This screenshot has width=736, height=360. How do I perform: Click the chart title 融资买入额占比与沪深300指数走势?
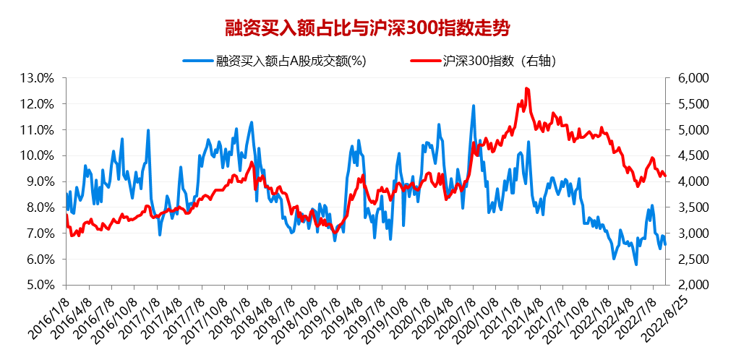click(x=367, y=28)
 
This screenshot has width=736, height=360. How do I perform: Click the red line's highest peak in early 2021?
click(x=526, y=88)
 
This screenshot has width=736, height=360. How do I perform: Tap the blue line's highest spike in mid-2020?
click(x=474, y=106)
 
